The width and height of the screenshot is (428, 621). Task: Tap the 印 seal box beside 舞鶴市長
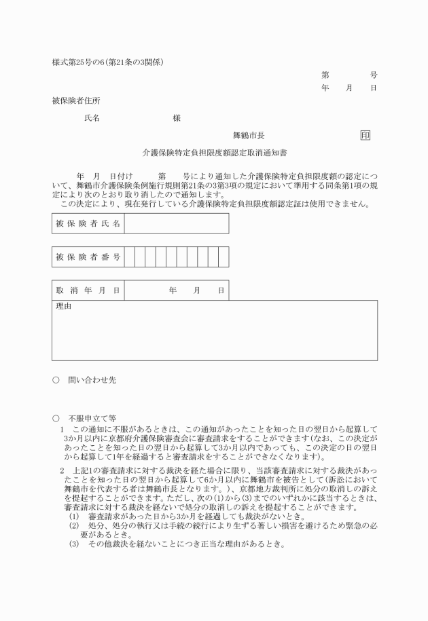click(365, 136)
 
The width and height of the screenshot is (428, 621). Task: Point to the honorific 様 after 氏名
click(177, 118)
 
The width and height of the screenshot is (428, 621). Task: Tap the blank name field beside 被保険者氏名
click(176, 223)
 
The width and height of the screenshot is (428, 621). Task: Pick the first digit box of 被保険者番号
click(130, 257)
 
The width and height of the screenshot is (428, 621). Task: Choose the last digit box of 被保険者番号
click(224, 257)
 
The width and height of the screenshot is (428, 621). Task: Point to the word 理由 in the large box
click(64, 307)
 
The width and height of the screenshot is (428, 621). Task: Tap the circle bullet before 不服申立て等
click(56, 419)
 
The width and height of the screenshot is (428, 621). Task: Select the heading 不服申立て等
click(92, 419)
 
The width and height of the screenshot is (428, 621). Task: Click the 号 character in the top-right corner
click(374, 75)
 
